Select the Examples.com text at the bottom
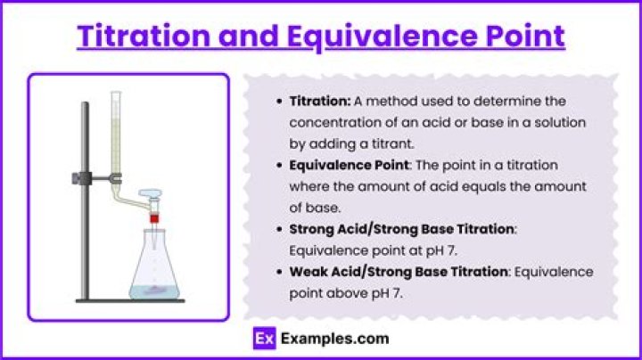tap(334, 339)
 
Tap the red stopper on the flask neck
tap(154, 217)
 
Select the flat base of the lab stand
tap(129, 300)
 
